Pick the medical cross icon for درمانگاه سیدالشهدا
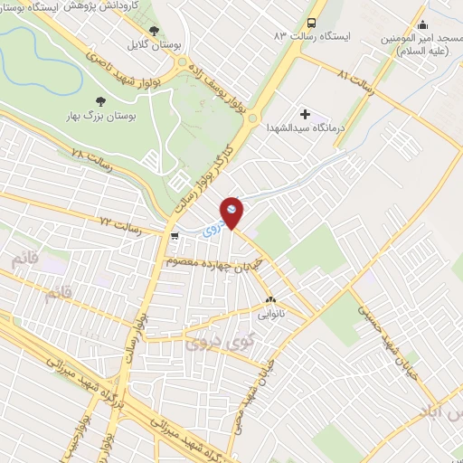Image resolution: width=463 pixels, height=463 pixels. [305, 114]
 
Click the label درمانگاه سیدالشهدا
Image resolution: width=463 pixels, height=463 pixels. [291, 129]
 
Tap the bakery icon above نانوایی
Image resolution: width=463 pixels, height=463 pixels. [269, 299]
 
